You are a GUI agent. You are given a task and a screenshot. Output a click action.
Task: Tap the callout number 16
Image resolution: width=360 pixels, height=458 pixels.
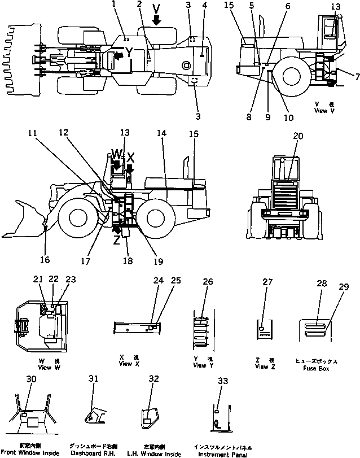(x=45, y=260)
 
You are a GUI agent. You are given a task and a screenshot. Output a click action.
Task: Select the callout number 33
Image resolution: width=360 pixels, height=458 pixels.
(x=223, y=382)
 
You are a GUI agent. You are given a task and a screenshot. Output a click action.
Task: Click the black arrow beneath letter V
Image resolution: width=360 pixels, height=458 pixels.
(x=156, y=20)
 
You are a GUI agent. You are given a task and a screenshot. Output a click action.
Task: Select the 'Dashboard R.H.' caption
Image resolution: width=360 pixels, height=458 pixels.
(x=93, y=453)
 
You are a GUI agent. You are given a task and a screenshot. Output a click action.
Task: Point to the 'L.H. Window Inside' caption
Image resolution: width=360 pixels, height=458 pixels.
(x=156, y=453)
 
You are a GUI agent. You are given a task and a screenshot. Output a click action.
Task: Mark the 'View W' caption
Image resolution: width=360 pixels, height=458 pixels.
(x=52, y=368)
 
